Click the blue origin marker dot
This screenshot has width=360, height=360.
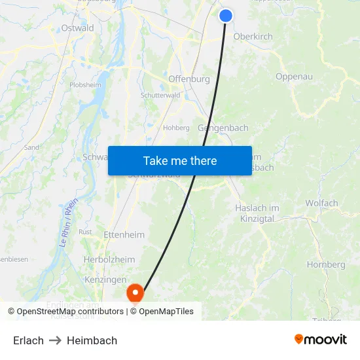[x=226, y=16]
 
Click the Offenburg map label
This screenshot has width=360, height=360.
[x=189, y=79]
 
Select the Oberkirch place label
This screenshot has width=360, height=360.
[x=253, y=37]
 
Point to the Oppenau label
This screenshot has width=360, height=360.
[x=294, y=77]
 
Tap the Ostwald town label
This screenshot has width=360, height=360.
[x=77, y=28]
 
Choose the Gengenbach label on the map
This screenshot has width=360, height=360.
[x=223, y=128]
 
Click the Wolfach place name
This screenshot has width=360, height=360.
[x=321, y=204]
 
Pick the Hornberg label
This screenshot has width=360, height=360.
[x=326, y=265]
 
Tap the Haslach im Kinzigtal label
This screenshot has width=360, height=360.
[x=257, y=213]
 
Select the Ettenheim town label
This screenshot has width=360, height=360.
[x=124, y=234]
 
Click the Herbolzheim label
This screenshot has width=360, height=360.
[x=109, y=260]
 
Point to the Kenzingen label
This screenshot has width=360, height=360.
[x=105, y=279]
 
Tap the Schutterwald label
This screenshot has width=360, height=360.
[x=160, y=96]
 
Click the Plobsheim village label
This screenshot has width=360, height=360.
[x=85, y=85]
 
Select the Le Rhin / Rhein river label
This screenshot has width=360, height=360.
[x=68, y=222]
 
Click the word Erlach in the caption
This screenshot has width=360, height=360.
[x=28, y=340]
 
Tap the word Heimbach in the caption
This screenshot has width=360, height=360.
[x=92, y=340]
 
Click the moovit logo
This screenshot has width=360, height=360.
[x=321, y=339]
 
